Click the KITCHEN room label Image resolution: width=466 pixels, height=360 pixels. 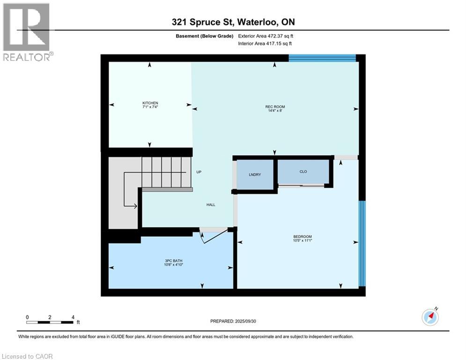pos(150,103)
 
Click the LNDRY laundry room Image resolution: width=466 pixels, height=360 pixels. pos(255,174)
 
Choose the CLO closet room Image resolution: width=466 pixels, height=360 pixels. pos(303,172)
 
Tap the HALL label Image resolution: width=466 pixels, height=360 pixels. pos(211,205)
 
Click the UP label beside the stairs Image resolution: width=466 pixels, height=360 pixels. pos(199,172)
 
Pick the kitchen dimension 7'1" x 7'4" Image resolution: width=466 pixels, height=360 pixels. pos(150,107)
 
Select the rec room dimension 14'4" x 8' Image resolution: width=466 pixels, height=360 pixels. pos(275,111)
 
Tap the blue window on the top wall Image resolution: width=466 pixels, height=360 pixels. pos(322,58)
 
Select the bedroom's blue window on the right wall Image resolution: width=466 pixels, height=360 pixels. pos(362,243)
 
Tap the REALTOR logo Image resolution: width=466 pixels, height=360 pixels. pos(27,31)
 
